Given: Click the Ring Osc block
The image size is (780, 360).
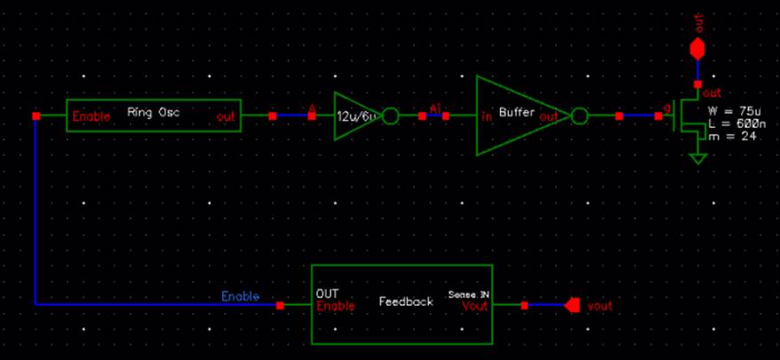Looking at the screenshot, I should tap(154, 116).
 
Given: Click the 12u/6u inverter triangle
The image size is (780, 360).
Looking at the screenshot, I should tap(355, 116).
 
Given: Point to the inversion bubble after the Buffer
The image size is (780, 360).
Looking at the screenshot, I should tap(580, 116).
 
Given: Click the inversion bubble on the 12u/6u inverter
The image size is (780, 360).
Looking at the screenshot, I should tap(390, 116).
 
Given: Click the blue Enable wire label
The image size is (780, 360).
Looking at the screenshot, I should tap(240, 296).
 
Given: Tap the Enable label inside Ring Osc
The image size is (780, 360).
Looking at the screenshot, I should tap(92, 116).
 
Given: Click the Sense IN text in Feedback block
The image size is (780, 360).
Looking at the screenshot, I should tap(470, 293).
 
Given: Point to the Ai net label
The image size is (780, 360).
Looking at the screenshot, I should tap(434, 108).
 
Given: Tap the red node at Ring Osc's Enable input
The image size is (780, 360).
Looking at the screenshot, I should tap(36, 116).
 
